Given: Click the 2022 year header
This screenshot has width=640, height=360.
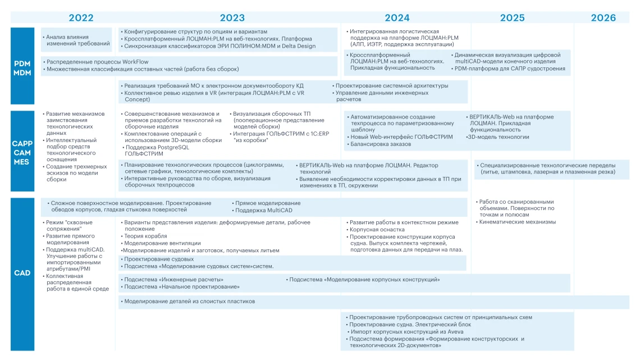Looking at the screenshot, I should coord(81,18).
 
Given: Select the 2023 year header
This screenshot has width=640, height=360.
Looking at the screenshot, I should coord(232,18).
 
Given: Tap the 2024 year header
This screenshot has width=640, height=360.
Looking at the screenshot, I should coord(397,18).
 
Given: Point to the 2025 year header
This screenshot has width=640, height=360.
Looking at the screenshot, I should coord(512,18).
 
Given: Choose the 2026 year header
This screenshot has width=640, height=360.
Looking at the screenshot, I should coord(603,18).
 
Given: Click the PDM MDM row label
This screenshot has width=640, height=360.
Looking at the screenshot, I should coord(22,69).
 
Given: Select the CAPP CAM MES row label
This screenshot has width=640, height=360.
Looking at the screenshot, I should coord(22,152).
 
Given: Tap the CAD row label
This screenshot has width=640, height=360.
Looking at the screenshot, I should coord(22,273).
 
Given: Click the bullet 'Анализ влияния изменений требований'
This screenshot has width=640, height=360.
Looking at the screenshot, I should coord(78,40).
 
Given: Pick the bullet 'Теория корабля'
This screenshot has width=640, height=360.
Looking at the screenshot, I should coord(145,236).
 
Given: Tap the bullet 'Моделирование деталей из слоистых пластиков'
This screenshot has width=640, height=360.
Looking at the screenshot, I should coord(189,302).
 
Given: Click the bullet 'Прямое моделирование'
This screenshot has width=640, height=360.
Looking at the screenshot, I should coord(268,203).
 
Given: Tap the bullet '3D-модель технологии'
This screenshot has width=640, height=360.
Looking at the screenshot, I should coord(499,137).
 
